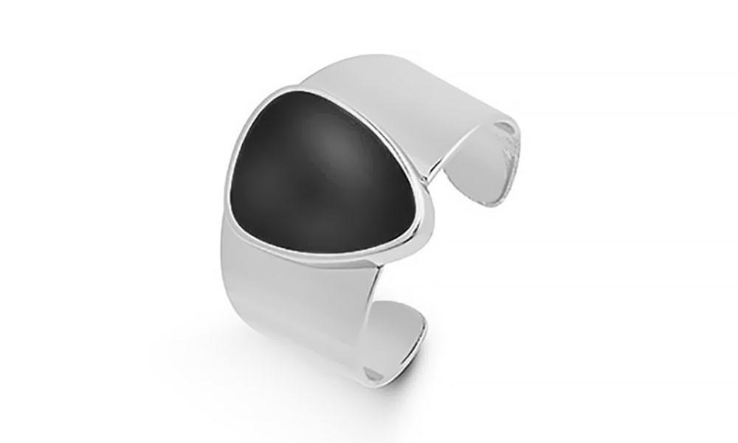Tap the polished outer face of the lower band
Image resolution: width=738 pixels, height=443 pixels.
[310, 303]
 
